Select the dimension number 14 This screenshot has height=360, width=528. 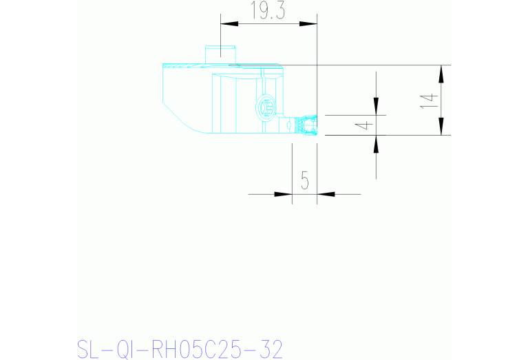(428, 100)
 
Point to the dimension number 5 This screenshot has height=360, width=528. (305, 180)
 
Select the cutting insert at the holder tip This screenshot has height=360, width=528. (306, 126)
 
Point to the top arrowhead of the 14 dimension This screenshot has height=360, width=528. (441, 74)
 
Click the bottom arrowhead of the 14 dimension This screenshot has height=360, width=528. (441, 127)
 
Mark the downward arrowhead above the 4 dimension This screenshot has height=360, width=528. (376, 106)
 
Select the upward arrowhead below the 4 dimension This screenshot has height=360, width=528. (376, 144)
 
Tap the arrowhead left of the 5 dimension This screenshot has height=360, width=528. (283, 194)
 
